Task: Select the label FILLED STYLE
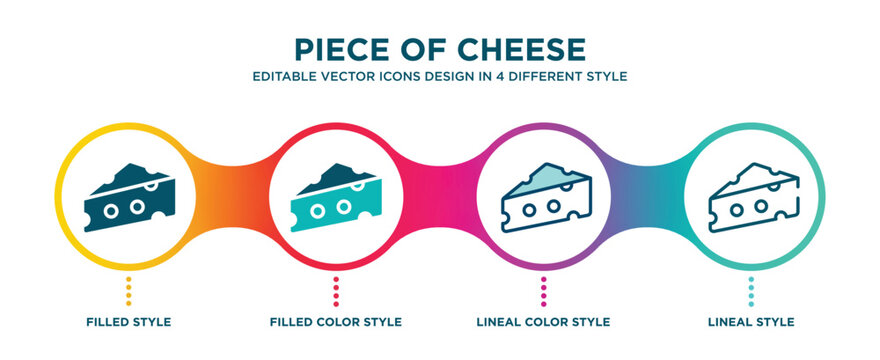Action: [129, 322]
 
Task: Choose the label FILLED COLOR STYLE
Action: [336, 322]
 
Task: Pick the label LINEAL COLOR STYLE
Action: [543, 322]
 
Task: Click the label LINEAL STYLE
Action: [750, 322]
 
